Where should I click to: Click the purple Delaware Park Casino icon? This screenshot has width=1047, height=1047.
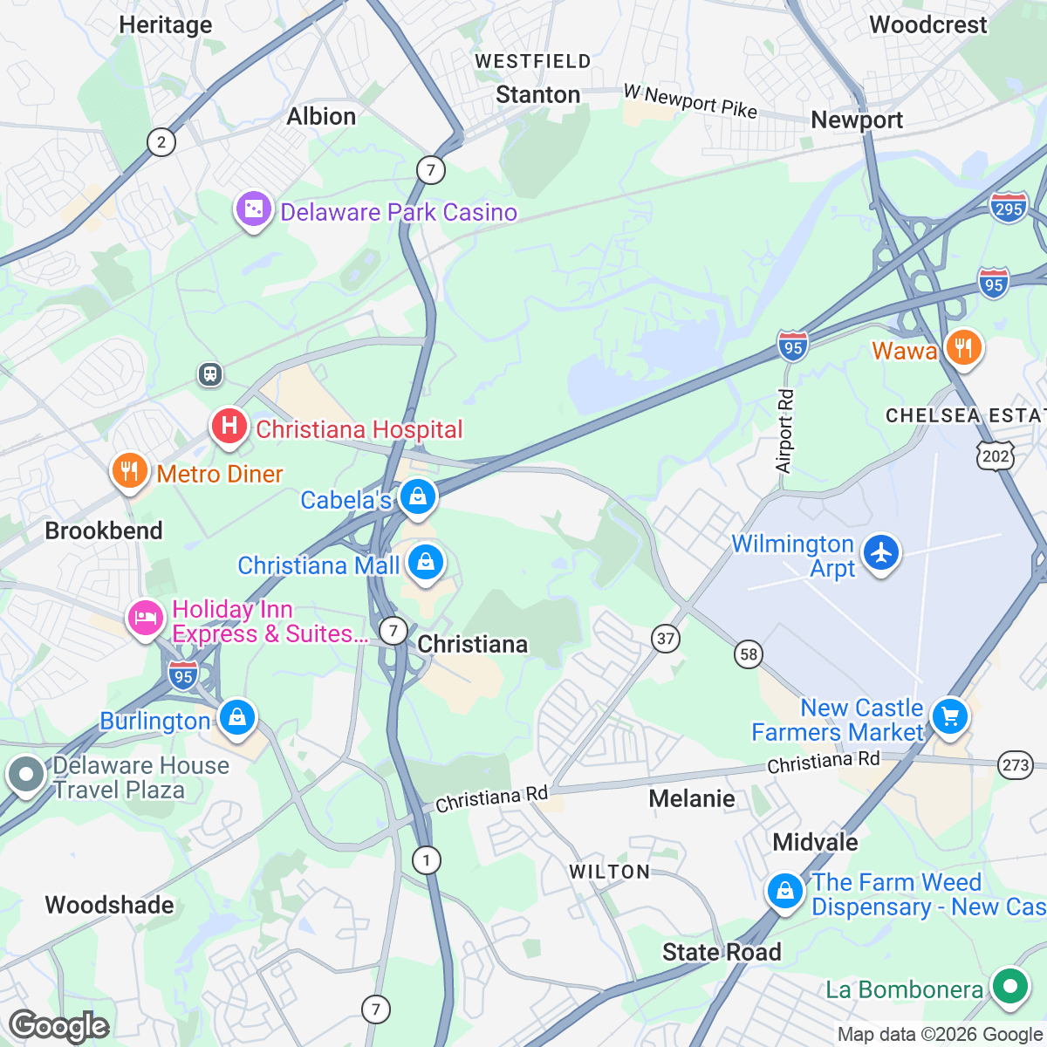coord(253,210)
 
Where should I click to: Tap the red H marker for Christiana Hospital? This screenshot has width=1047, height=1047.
coord(229,426)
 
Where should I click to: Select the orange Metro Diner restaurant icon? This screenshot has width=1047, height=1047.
coord(129,471)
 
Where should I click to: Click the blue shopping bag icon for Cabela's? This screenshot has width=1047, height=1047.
coord(418,497)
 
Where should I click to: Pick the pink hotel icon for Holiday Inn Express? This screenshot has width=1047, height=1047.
coord(146,619)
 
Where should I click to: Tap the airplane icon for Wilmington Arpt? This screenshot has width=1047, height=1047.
coord(881,552)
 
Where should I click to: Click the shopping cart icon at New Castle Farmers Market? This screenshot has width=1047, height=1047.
coord(949,717)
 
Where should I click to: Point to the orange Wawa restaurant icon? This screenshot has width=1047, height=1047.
coord(963,347)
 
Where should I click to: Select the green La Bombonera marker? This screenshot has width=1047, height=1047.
coord(1010,988)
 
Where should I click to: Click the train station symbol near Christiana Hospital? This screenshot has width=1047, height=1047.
coord(209,374)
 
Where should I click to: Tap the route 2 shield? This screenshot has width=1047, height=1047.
coord(161,142)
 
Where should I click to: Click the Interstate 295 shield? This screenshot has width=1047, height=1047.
coord(1008,209)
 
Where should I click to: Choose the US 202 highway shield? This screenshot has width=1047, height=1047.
coord(996,455)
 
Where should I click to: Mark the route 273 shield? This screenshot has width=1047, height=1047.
coord(1016,765)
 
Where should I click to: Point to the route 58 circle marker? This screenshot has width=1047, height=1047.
coord(749,654)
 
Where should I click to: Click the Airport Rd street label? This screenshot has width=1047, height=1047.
coord(784,431)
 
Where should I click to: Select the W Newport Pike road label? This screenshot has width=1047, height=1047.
coord(690,101)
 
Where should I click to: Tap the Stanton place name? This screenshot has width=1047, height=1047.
coord(537,95)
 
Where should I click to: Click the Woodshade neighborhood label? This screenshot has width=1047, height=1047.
coord(109,905)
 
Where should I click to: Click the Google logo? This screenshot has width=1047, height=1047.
coord(59,1026)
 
